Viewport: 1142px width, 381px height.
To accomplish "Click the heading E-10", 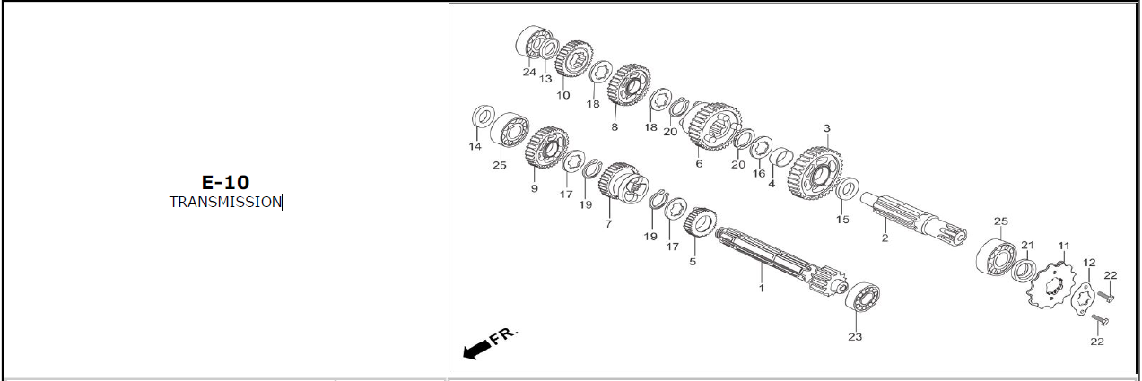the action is click(225, 182).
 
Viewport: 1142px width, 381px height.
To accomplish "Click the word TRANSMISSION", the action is click(225, 203).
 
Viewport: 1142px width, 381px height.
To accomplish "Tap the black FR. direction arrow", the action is click(476, 350).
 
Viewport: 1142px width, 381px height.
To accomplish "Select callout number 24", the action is click(529, 73).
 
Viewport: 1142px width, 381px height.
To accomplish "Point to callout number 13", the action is click(545, 79).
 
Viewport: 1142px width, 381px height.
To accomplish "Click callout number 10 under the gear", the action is click(562, 95).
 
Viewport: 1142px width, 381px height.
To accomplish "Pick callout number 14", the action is click(475, 147).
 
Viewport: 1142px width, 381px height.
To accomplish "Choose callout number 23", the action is click(855, 337).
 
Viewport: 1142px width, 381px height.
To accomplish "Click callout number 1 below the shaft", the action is click(762, 289).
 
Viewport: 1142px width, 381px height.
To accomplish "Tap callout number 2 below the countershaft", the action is click(885, 238).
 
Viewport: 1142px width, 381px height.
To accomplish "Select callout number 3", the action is click(827, 128).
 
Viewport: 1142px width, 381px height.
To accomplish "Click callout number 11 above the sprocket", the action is click(1063, 247).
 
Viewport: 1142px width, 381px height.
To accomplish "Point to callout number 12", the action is click(1089, 263).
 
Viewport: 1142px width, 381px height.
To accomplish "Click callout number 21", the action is click(1027, 245).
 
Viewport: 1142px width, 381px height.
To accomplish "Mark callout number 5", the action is click(693, 262).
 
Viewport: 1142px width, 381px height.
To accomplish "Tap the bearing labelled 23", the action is click(862, 297).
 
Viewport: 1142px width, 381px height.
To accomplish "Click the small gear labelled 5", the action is click(700, 222).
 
